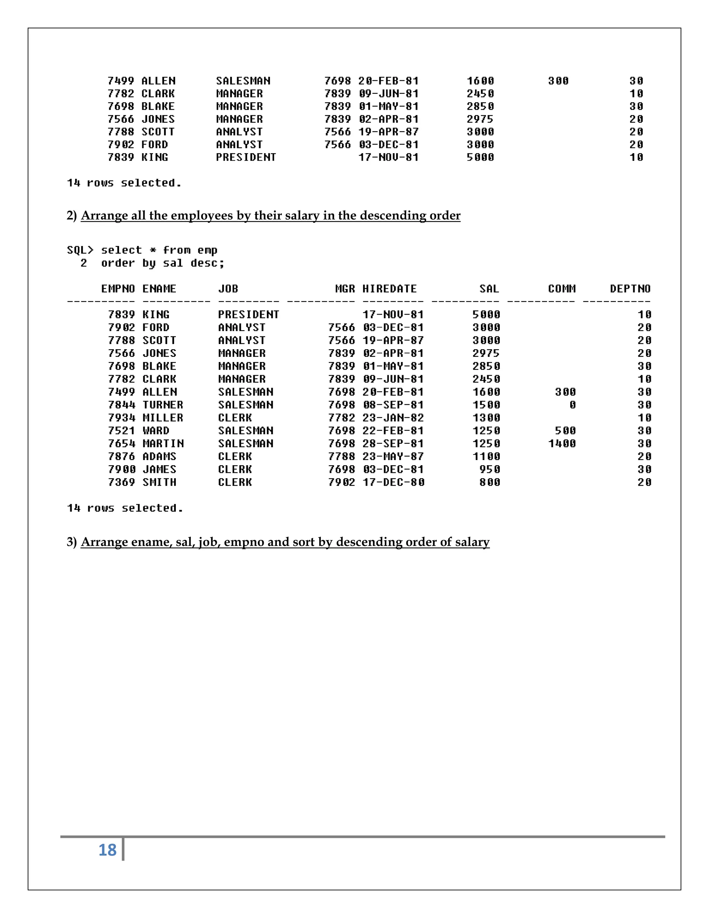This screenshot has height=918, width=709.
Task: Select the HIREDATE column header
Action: point(389,289)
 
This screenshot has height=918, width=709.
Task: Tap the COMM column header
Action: point(562,289)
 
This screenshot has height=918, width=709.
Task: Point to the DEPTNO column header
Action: point(630,289)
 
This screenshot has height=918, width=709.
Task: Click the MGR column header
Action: point(345,289)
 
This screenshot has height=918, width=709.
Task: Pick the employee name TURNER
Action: point(163,405)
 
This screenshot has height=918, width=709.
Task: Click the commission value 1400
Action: point(562,443)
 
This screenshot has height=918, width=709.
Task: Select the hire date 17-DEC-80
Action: point(393,482)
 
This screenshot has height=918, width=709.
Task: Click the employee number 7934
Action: point(122,418)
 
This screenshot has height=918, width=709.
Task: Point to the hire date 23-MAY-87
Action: point(393,457)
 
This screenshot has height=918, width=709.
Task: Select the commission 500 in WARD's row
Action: point(565,430)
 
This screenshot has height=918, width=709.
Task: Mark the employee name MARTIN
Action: point(163,443)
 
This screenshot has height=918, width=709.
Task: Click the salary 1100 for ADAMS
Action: point(486,457)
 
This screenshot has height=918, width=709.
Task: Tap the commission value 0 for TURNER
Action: point(572,405)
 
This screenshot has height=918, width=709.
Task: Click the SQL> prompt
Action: point(80,250)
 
